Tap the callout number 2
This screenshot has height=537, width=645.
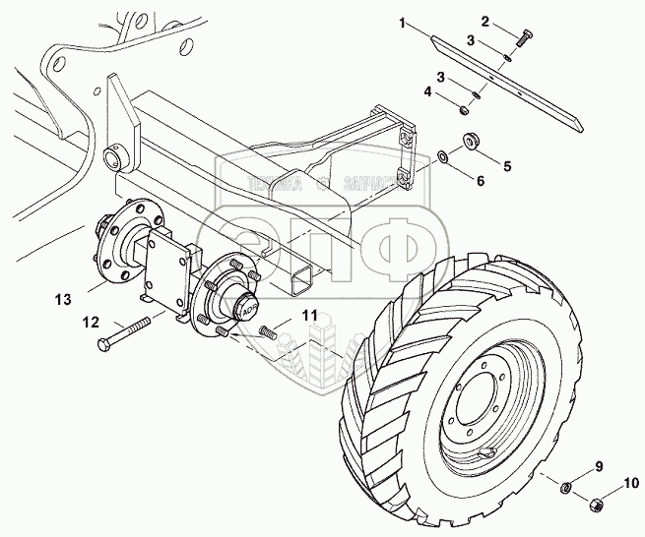click(485, 21)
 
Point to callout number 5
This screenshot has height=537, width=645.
click(507, 167)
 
